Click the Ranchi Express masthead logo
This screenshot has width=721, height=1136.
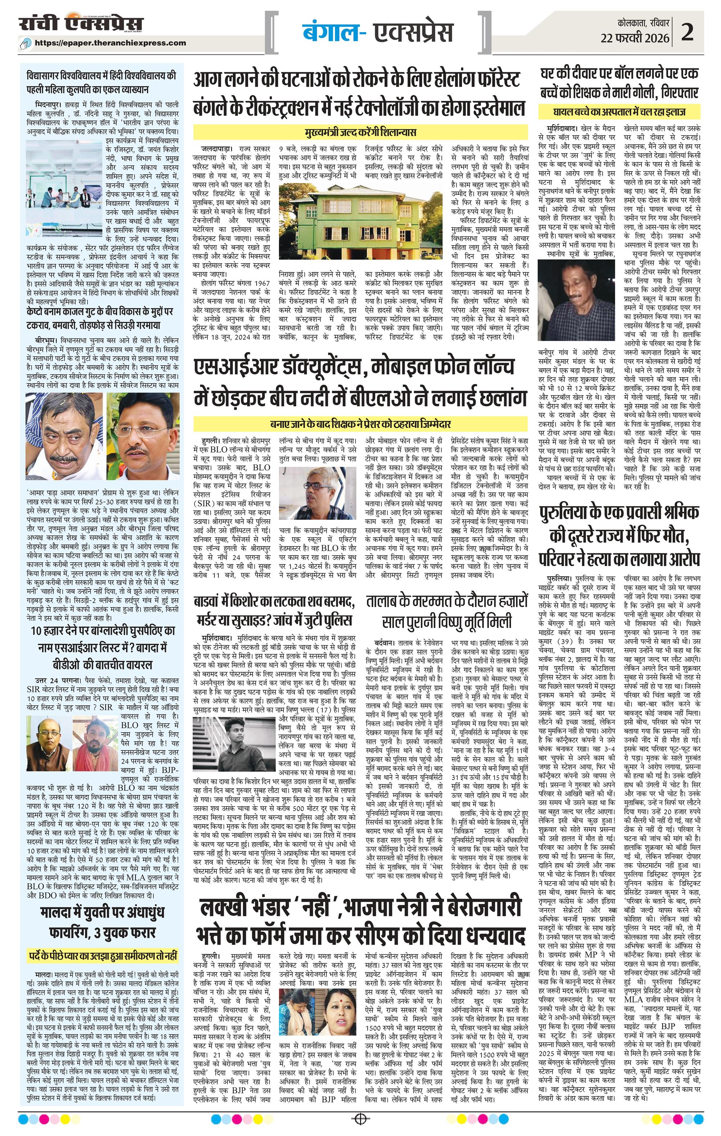[x=81, y=24]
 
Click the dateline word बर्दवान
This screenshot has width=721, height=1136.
[x=386, y=643]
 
